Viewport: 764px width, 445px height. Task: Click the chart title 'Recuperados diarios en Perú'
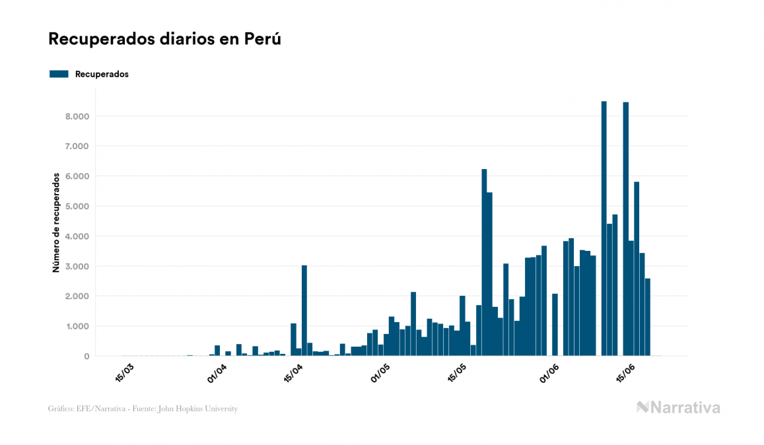164,39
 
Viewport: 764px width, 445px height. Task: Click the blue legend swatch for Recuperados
59,74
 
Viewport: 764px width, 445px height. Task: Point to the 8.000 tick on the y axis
78,116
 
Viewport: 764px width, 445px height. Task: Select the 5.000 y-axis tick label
78,206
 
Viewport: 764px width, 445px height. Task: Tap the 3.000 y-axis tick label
78,266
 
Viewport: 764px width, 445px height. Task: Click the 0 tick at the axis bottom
87,357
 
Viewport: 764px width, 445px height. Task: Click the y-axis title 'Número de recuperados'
57,222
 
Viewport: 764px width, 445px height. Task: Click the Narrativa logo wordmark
685,407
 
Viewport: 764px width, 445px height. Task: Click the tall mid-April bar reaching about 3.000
304,310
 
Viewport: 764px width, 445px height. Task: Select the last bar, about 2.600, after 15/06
648,317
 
